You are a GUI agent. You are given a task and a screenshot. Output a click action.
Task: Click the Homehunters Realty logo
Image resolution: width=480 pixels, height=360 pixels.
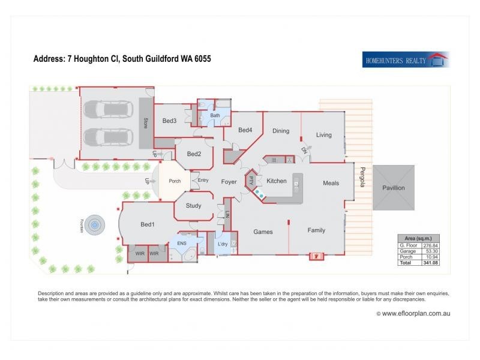point(406,59)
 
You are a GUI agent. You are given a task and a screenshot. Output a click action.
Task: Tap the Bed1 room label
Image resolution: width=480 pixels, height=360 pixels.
point(148,225)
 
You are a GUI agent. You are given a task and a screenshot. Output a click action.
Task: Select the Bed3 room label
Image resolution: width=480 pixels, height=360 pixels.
point(169,121)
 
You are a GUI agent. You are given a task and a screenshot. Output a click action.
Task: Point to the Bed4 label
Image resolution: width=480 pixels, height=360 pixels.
point(245,130)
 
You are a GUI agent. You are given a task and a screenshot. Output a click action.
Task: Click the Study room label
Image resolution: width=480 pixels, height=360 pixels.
point(193,206)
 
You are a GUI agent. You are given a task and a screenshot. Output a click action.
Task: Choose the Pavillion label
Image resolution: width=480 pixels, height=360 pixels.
point(394,188)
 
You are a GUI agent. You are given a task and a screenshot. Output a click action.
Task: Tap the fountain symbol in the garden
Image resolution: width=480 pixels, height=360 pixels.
point(94,226)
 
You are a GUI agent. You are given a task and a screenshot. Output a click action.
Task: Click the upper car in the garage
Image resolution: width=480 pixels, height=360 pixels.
point(107,110)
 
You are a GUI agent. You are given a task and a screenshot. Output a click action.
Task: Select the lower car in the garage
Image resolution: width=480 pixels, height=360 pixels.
point(107,137)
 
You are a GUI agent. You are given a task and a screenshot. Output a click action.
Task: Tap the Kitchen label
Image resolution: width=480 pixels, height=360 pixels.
point(277,181)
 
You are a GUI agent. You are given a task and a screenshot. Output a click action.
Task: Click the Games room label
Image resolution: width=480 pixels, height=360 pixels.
point(263,232)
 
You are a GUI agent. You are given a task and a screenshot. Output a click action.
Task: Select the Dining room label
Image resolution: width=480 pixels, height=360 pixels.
point(281,131)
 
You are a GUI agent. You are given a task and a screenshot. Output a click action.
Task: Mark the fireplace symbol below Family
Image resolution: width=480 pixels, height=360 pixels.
point(316,256)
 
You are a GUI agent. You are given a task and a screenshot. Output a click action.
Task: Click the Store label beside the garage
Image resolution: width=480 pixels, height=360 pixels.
point(145,124)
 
